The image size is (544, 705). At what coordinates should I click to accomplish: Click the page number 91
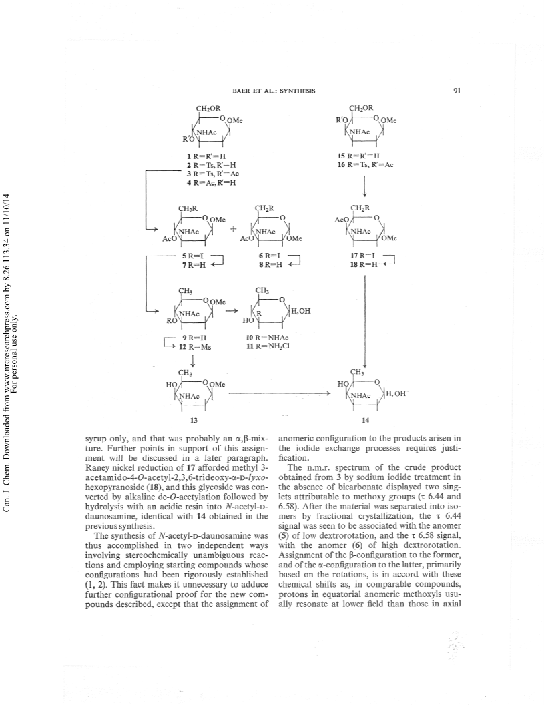point(457,91)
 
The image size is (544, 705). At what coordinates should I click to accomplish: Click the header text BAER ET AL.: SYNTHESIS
point(274,91)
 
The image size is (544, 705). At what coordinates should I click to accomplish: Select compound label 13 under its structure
point(194,420)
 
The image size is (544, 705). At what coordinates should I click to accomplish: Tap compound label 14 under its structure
point(366,420)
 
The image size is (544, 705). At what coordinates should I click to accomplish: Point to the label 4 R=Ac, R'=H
point(212,182)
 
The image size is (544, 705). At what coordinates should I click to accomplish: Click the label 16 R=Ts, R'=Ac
point(366,164)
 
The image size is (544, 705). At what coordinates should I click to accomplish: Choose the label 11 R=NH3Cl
point(267,346)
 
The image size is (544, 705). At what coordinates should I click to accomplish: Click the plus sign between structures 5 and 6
point(234,228)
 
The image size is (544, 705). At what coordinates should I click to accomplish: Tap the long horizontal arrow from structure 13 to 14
point(280,393)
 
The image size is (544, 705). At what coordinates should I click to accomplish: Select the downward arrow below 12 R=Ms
point(193,361)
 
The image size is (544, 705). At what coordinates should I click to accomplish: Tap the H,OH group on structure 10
point(301,310)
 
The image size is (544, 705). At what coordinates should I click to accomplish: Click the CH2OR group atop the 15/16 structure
point(361,108)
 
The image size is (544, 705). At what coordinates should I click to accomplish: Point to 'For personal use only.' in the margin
point(18,346)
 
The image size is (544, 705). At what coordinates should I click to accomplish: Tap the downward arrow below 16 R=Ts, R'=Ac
point(364,186)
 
